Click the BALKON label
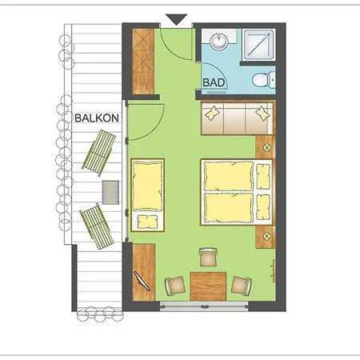coord(97,118)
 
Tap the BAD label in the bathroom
coord(214,82)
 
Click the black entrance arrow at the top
coord(176,20)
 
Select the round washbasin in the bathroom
coord(219,42)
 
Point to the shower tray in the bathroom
coord(258,45)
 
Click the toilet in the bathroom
coord(263,79)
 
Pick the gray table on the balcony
coord(110,192)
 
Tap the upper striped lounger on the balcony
coord(99,153)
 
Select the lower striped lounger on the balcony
coord(97,226)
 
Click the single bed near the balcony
coord(147,195)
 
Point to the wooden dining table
coord(208,286)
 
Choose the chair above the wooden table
coord(208,257)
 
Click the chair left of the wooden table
coord(175,286)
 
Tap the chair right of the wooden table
coord(242,286)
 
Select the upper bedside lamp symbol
coord(266,147)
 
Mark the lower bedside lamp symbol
coord(266,236)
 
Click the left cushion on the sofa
coord(212,114)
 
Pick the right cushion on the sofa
coord(262,114)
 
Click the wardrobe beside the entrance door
coord(143,62)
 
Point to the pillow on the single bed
coord(147,222)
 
